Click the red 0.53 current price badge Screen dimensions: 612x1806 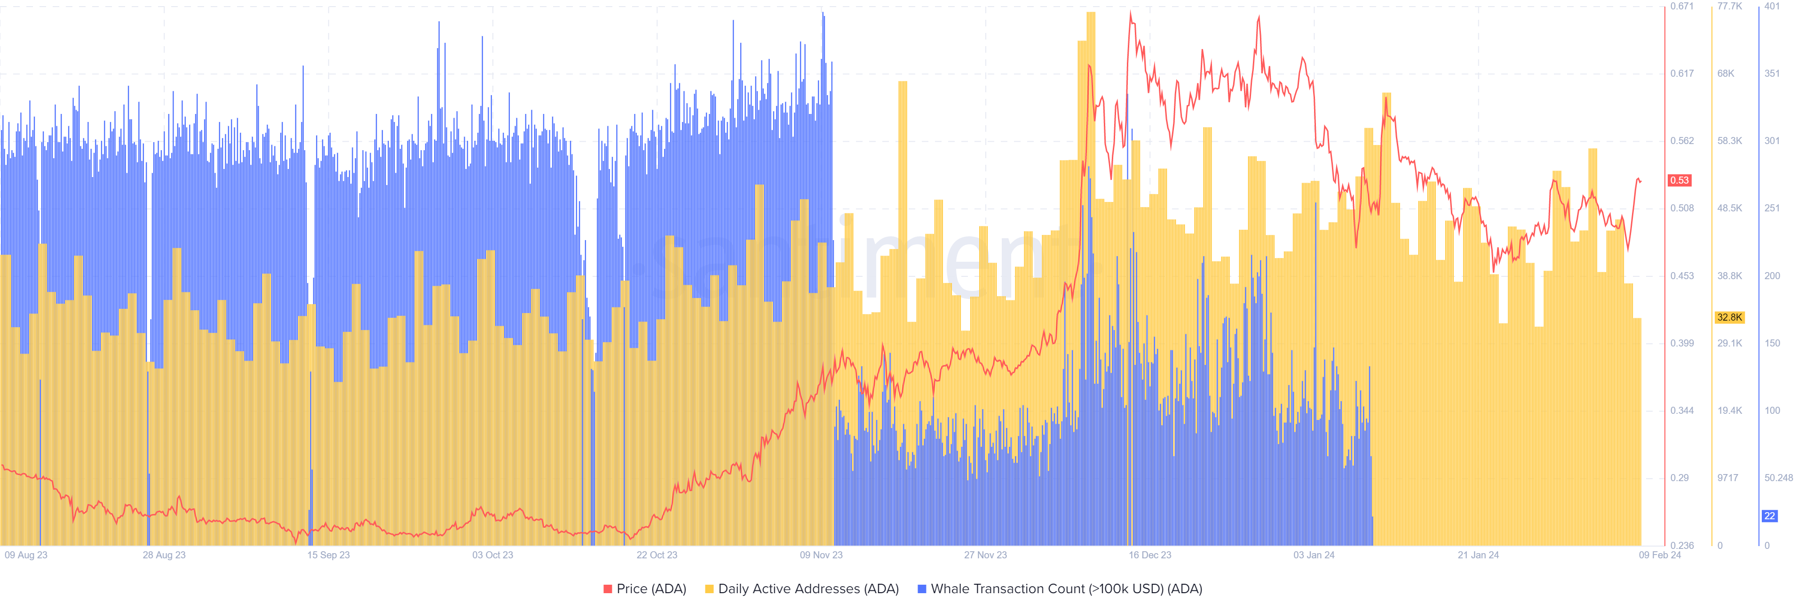click(1679, 180)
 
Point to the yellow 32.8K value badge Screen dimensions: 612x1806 click(1729, 317)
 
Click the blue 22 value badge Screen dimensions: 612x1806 click(1769, 516)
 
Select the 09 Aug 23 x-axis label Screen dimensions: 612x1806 click(26, 555)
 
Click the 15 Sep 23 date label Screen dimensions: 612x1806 click(328, 555)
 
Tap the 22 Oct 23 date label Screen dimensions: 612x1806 click(657, 555)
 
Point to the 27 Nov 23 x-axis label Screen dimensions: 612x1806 click(985, 555)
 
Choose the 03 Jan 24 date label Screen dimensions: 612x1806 click(1314, 555)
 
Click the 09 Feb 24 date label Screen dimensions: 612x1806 click(1659, 555)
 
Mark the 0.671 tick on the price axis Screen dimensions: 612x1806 click(1681, 6)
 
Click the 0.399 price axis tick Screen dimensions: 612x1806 click(1681, 343)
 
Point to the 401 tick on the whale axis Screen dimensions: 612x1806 click(1772, 6)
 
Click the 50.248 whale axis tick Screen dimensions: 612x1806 click(1778, 478)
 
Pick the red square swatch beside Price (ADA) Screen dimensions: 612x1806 click(608, 589)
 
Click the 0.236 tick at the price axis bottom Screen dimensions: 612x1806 click(1681, 545)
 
